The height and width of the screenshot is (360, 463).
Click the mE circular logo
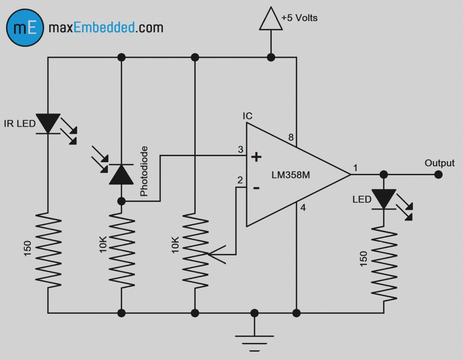[25, 28]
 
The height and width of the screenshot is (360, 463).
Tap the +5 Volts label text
[299, 18]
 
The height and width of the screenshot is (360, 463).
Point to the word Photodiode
[144, 171]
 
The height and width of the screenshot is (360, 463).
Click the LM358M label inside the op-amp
[290, 175]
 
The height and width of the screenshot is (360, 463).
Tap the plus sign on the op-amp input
[256, 157]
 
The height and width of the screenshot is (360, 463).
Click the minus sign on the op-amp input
[256, 188]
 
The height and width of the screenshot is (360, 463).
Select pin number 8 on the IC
[291, 138]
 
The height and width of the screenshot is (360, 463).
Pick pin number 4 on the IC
[303, 208]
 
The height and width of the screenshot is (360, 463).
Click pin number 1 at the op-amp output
[355, 168]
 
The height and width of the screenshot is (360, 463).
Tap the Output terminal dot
[438, 174]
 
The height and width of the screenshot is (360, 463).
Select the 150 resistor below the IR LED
[48, 249]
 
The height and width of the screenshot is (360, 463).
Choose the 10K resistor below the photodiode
[121, 249]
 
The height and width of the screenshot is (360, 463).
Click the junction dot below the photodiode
[121, 201]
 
